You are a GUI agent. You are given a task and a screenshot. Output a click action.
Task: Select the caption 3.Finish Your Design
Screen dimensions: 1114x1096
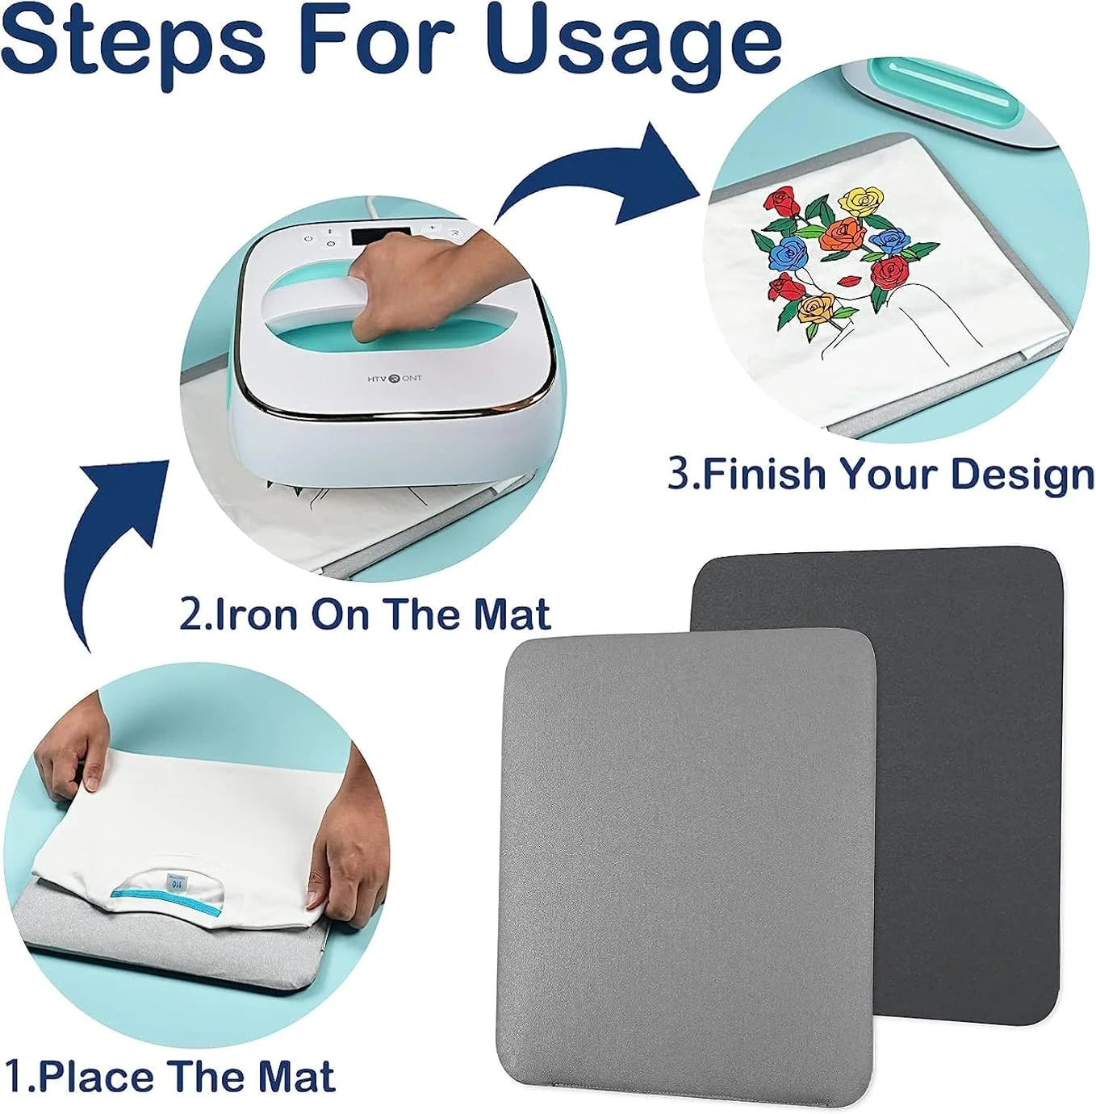881,473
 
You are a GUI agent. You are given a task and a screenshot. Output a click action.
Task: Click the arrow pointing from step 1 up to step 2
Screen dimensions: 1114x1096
113,533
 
